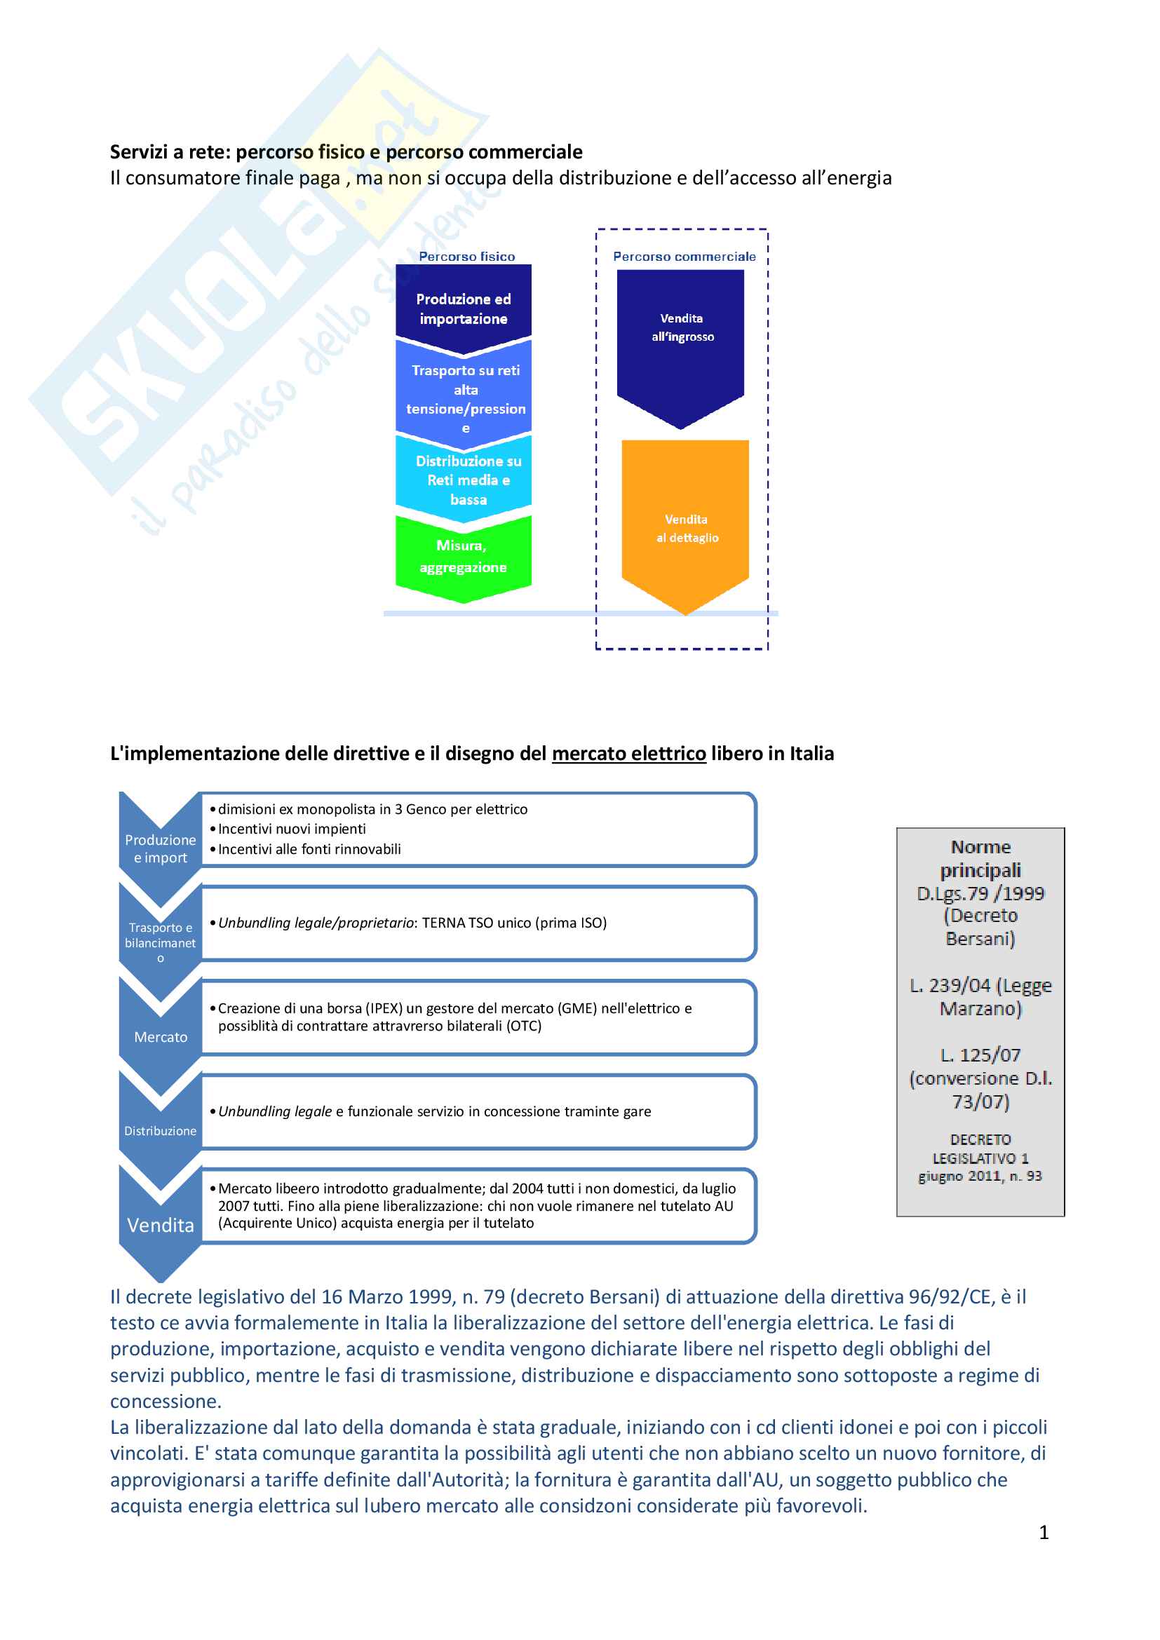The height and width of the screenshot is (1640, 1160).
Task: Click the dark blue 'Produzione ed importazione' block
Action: coord(463,309)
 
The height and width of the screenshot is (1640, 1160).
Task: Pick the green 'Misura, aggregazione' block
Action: coord(463,557)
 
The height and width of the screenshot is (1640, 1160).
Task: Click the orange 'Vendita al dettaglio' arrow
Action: coord(686,528)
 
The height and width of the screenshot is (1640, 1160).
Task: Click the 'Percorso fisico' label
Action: coord(466,257)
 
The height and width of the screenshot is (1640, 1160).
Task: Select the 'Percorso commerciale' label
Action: coord(684,257)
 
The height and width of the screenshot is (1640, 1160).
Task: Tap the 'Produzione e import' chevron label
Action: coord(160,848)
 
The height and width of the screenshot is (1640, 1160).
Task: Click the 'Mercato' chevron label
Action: coord(161,1037)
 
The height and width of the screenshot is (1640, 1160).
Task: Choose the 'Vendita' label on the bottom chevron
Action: coord(161,1226)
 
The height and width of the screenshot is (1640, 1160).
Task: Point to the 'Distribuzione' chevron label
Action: coord(160,1131)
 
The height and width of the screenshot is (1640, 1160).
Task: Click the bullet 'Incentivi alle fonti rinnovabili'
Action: coord(309,849)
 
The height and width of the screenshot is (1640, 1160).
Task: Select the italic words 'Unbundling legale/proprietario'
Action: coord(316,923)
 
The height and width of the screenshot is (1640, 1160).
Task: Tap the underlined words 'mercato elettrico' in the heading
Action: coord(628,754)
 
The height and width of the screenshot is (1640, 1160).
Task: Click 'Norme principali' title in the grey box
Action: coord(980,859)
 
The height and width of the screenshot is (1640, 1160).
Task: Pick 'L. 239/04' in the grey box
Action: coord(950,986)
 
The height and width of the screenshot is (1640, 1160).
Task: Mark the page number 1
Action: coord(1044,1532)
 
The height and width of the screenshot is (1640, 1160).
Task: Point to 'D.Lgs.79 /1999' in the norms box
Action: coord(980,893)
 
